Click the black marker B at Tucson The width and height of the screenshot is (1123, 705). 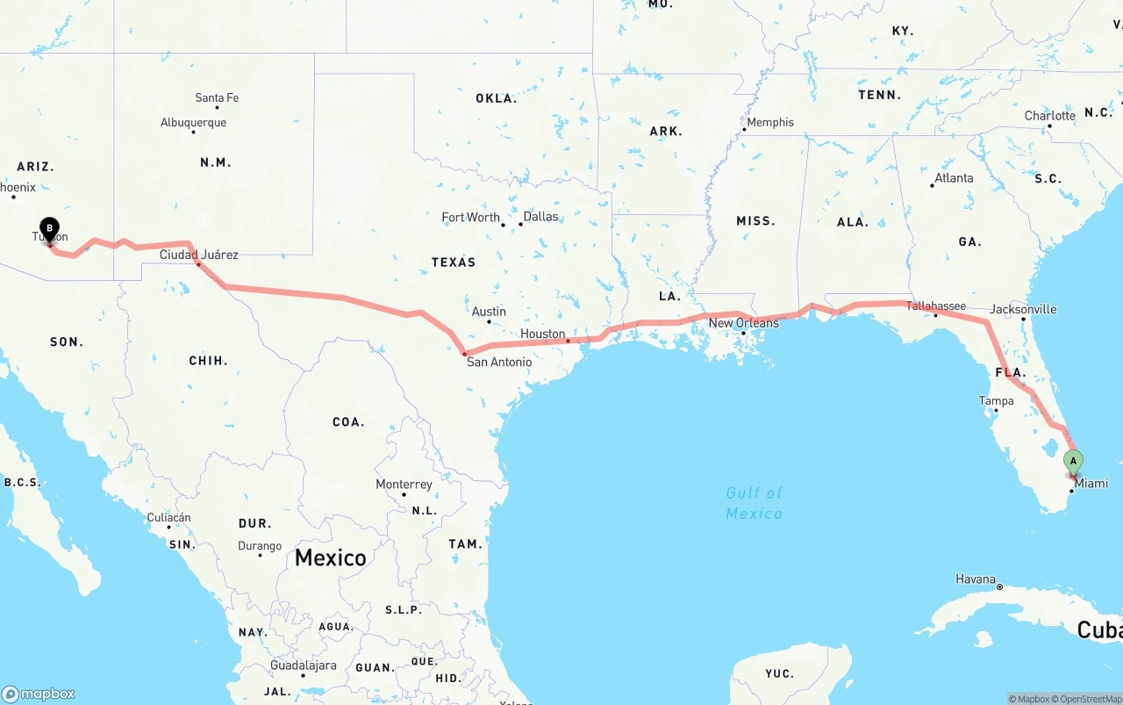click(50, 230)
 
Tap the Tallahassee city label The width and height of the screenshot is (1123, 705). click(936, 306)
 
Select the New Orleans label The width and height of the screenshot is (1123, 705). click(743, 323)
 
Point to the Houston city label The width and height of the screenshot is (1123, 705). click(542, 334)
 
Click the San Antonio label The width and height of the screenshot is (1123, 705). click(498, 362)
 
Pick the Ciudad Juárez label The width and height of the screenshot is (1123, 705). click(198, 255)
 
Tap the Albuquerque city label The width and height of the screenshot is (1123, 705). click(193, 123)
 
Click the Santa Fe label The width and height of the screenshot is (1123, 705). click(217, 97)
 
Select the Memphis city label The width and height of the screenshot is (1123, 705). click(770, 122)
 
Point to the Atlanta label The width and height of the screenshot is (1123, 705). click(954, 177)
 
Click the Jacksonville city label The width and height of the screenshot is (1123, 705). click(1023, 309)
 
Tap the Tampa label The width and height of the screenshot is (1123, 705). click(996, 401)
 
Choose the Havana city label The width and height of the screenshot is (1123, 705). click(976, 579)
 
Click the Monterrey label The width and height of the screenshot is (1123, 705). click(404, 485)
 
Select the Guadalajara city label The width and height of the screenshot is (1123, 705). click(303, 665)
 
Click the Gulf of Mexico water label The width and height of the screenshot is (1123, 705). click(754, 503)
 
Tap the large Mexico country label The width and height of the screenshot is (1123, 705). click(330, 558)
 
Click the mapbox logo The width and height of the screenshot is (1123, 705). click(39, 694)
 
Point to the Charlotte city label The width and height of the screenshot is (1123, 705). click(1049, 116)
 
